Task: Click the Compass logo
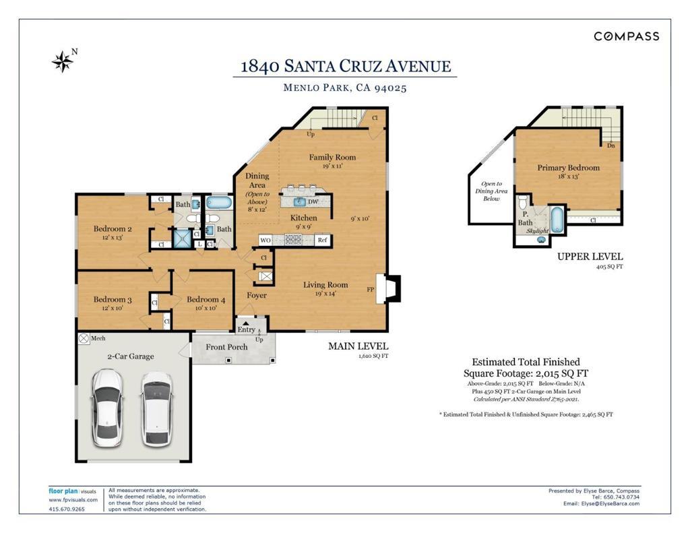click(x=627, y=36)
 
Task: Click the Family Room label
click(x=332, y=157)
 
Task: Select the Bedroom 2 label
click(x=113, y=228)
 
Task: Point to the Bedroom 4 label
click(x=206, y=300)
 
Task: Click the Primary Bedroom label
click(x=568, y=168)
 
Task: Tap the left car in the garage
click(x=107, y=408)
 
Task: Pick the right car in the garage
click(x=156, y=409)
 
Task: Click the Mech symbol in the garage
click(x=84, y=338)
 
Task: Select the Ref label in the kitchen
click(x=323, y=240)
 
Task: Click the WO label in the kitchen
click(x=265, y=241)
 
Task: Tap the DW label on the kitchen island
click(x=313, y=202)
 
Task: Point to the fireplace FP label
click(x=371, y=289)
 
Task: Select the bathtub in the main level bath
click(x=219, y=203)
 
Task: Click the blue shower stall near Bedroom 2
click(x=182, y=239)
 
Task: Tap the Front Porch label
click(x=226, y=347)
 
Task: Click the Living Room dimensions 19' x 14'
click(x=325, y=294)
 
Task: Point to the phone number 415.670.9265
click(x=67, y=509)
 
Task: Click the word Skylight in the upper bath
click(x=537, y=230)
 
